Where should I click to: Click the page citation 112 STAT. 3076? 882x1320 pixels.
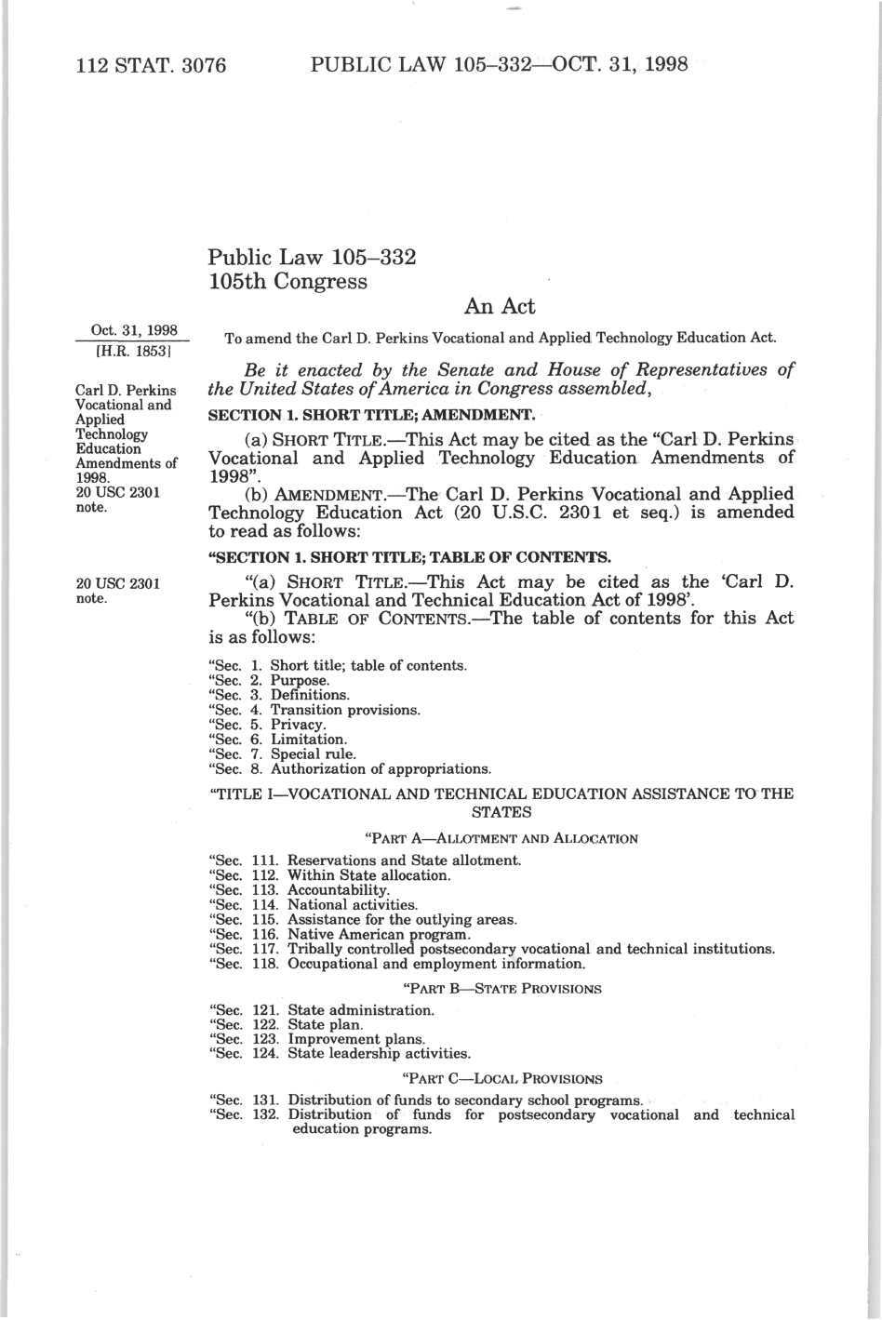coord(151,65)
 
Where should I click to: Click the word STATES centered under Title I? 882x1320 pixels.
coord(502,812)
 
